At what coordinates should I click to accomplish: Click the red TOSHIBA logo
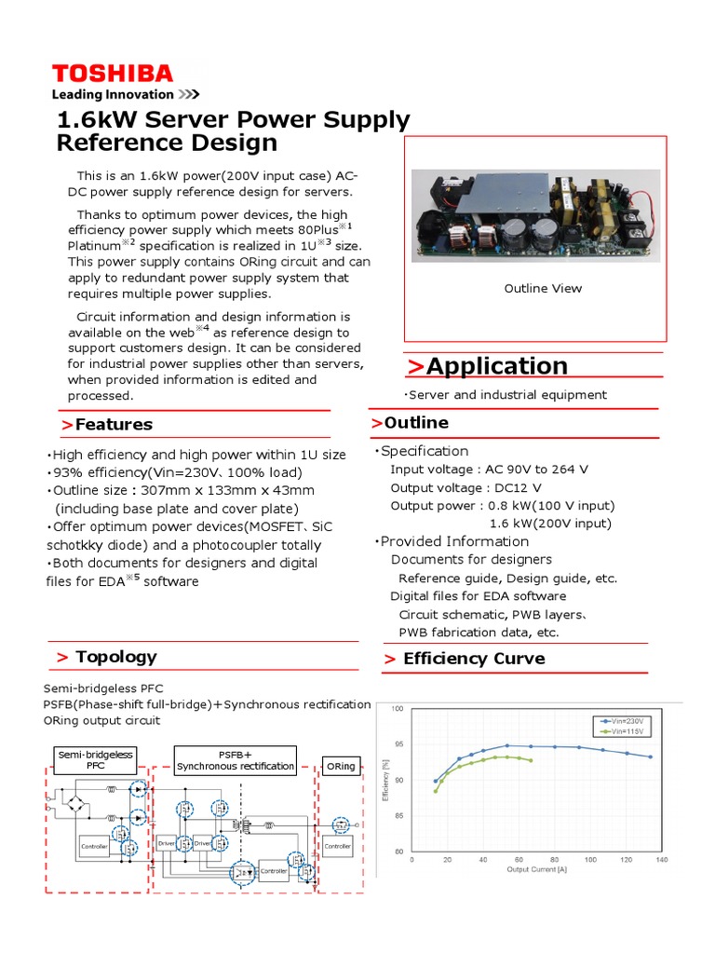click(x=112, y=74)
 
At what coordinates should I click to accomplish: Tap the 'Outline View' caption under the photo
click(x=543, y=288)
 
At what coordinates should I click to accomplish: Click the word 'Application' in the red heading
click(x=496, y=366)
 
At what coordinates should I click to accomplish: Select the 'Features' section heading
click(x=114, y=424)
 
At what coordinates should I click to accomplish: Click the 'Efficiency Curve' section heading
click(x=473, y=659)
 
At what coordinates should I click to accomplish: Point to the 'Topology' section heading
click(x=115, y=657)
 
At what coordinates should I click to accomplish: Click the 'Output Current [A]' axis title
click(x=537, y=869)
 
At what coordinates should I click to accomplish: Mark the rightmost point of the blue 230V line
click(x=650, y=756)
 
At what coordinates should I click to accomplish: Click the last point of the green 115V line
click(x=531, y=761)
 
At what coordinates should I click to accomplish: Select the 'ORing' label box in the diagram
click(x=341, y=766)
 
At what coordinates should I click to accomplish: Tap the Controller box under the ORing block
click(x=337, y=846)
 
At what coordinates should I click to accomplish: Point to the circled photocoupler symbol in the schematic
click(x=245, y=872)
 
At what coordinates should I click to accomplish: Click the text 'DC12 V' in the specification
click(x=518, y=488)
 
